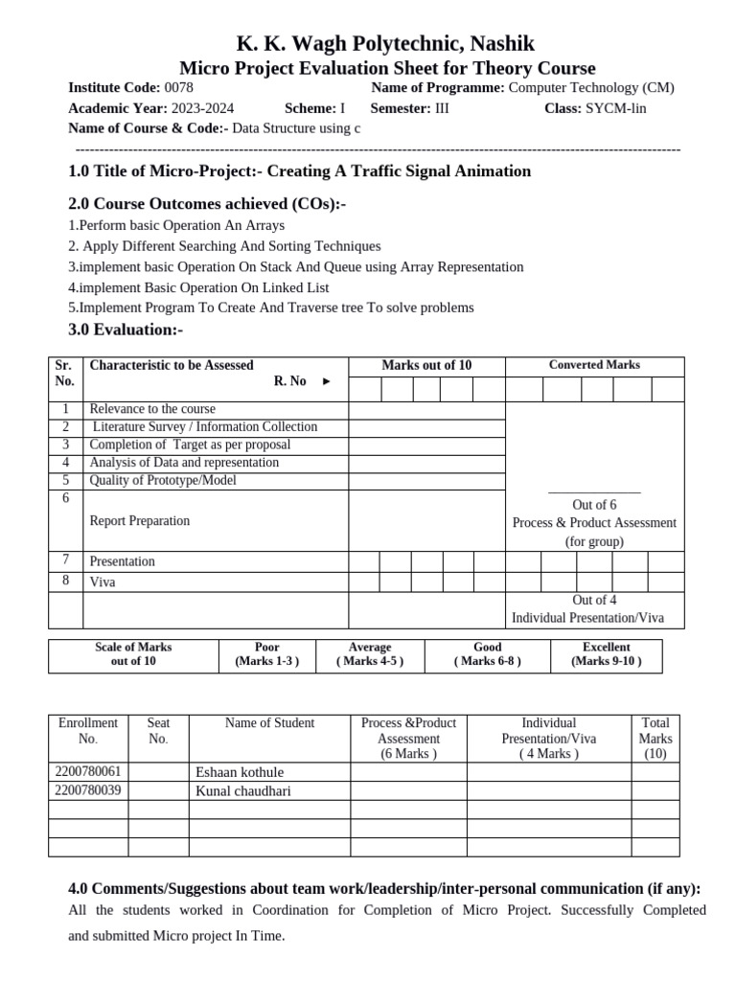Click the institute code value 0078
coord(179,87)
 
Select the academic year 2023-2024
coord(202,108)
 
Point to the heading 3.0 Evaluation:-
coord(126,330)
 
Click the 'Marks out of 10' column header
coord(426,365)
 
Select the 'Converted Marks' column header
coord(594,365)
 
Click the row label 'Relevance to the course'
coord(152,409)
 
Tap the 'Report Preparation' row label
coord(139,521)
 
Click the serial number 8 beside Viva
coord(66,581)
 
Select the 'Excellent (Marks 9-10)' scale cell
coord(606,654)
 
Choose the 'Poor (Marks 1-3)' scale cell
coord(267,654)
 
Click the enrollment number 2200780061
coord(89,772)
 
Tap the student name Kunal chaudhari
coord(243,791)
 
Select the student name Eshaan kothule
coord(240,772)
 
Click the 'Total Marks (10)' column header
coord(655,739)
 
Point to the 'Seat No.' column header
coord(158,731)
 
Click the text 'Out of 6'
coord(594,505)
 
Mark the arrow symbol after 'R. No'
coord(327,381)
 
